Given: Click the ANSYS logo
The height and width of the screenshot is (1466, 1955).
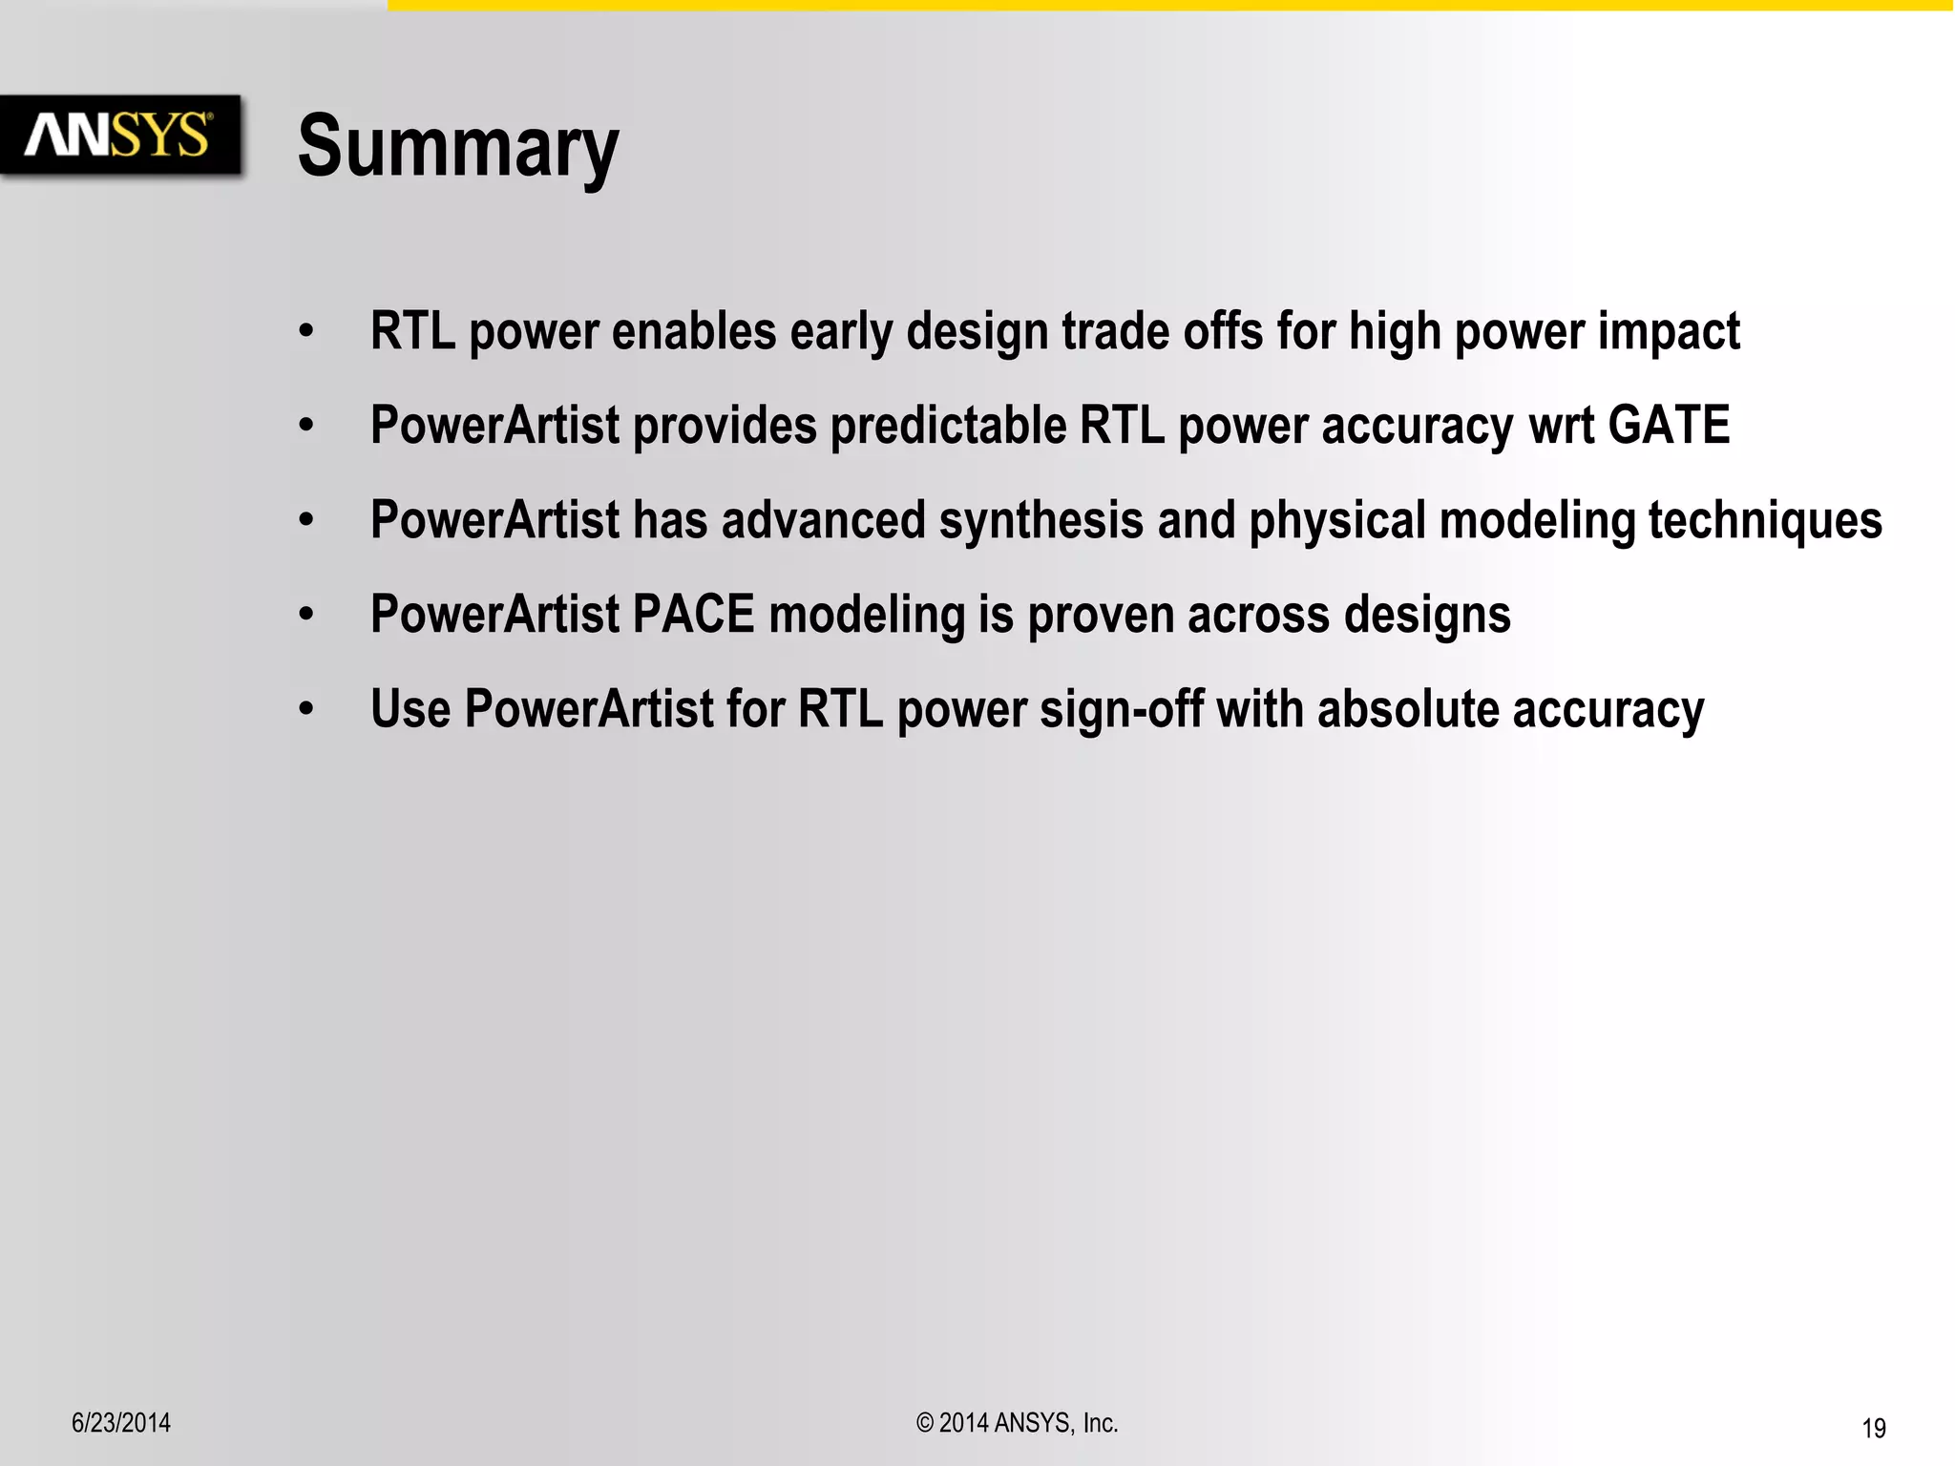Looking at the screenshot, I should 118,135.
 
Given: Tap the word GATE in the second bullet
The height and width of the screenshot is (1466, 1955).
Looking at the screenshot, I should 1669,425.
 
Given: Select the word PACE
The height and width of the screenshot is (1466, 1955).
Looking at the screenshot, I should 693,614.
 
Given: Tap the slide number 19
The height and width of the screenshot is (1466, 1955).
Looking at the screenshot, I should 1873,1428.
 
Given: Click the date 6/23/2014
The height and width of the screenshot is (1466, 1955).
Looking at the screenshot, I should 121,1423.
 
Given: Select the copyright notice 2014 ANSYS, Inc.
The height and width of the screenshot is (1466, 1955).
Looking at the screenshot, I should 1017,1423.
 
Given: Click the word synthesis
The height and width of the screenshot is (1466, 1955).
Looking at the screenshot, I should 1041,521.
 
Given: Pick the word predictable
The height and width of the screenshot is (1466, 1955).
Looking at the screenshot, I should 948,426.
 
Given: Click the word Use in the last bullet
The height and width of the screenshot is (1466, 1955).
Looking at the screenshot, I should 410,709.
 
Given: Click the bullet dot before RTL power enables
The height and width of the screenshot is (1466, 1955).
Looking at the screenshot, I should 305,331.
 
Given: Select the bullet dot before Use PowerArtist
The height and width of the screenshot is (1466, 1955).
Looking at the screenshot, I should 305,709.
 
